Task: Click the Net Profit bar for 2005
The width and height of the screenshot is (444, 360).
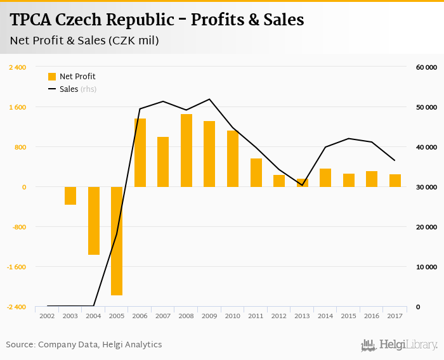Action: (x=117, y=241)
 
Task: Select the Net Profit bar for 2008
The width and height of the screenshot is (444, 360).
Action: (x=186, y=151)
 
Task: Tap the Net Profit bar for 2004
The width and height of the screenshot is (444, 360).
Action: (x=94, y=221)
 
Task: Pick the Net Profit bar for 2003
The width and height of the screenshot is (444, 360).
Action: (x=70, y=196)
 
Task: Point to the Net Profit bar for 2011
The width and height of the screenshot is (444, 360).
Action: (x=256, y=173)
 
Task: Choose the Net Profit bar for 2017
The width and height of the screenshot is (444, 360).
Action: (x=395, y=181)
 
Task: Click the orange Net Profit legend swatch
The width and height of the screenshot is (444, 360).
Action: (x=52, y=77)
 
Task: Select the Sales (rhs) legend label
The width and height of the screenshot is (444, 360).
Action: (x=77, y=89)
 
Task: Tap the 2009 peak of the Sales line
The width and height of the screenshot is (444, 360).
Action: (x=209, y=99)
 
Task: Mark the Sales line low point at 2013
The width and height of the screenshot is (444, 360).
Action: (x=303, y=184)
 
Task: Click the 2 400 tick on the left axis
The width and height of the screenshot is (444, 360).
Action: (x=17, y=67)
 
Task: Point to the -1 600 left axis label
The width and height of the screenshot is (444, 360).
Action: (x=16, y=267)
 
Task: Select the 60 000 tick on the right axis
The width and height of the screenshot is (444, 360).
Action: (x=426, y=67)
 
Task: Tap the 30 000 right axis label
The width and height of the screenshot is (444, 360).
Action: (x=426, y=187)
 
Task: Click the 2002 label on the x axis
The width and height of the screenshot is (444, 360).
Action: (x=47, y=315)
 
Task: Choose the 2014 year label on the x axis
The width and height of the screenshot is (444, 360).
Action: (x=325, y=315)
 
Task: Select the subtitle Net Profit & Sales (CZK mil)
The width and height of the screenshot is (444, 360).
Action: (x=84, y=41)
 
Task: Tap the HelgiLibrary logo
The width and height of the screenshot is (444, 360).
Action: (x=399, y=345)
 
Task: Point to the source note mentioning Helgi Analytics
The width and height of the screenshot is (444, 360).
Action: (x=84, y=345)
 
